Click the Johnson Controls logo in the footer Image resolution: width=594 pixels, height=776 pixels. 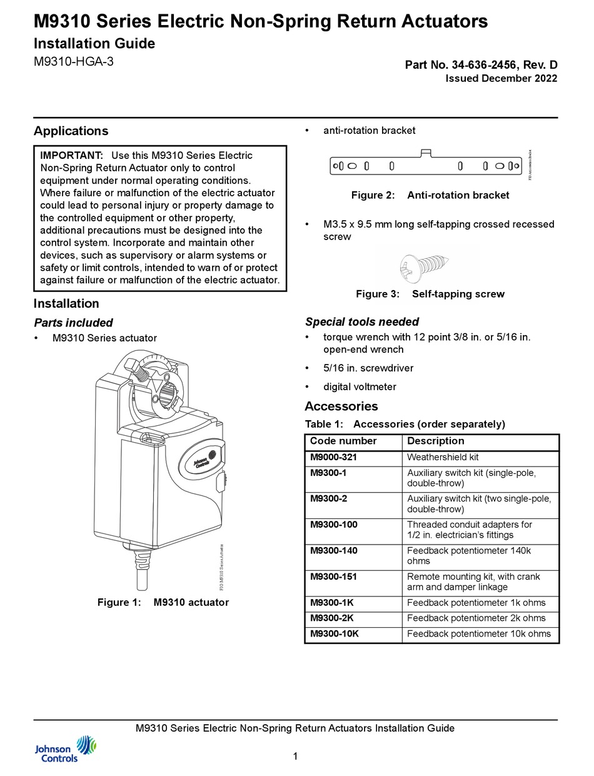(65, 748)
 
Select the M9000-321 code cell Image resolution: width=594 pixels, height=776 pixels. (333, 457)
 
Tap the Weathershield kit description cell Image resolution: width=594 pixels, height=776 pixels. (443, 457)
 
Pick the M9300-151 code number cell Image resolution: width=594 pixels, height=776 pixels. (333, 577)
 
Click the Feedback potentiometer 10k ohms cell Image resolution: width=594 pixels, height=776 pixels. (478, 634)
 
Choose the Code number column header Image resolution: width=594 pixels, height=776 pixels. (343, 441)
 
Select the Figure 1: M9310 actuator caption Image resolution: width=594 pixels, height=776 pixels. (163, 603)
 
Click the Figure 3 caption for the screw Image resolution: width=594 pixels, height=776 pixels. (430, 294)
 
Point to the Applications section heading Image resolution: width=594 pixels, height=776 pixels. (71, 131)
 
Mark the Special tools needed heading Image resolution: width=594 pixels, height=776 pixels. (361, 322)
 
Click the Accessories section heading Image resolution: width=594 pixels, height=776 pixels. (341, 406)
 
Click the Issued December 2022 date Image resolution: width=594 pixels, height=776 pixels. (501, 78)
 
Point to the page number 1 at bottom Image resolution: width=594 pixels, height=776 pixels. (295, 757)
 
